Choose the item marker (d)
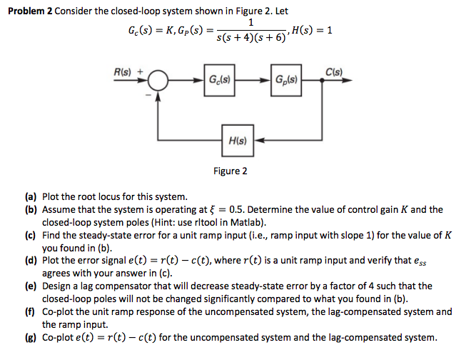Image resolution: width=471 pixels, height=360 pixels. click(x=32, y=261)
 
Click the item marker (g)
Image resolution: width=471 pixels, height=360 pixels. click(x=32, y=337)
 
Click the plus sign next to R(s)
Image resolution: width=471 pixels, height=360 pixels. click(x=140, y=71)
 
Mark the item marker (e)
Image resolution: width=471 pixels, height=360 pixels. click(x=32, y=286)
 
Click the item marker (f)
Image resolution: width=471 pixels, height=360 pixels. click(x=32, y=311)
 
